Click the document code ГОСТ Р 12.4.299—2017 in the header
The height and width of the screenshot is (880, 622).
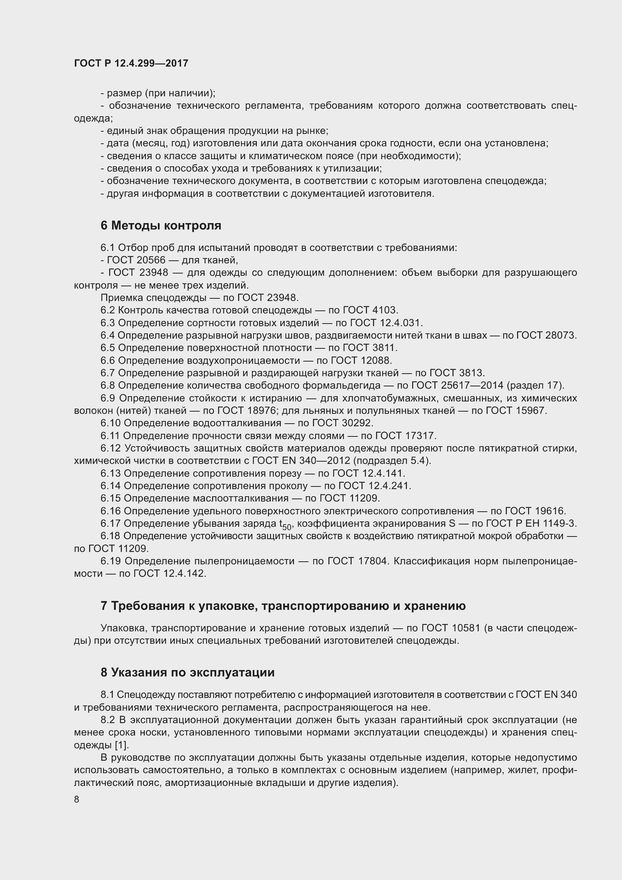[x=131, y=64]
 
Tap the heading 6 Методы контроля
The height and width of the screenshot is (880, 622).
[x=161, y=226]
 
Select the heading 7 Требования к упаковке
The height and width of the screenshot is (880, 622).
[x=283, y=606]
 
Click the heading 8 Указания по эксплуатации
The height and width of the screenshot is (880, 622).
[x=187, y=672]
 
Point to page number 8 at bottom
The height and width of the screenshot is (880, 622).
[x=77, y=799]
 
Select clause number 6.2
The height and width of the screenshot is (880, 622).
[x=108, y=310]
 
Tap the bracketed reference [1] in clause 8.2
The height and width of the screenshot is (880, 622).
[x=122, y=745]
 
